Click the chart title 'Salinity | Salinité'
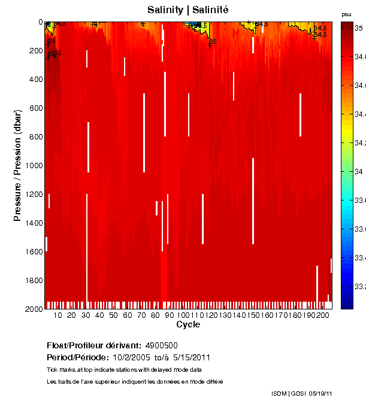coord(188,10)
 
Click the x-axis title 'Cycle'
coord(188,324)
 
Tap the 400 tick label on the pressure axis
coord(34,79)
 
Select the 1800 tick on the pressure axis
coord(32,280)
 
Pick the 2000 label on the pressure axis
coord(32,309)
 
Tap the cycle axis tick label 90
coord(170,315)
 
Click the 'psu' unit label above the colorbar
coord(346,14)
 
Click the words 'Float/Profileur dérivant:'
coord(93,345)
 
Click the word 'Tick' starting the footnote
coord(52,370)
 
